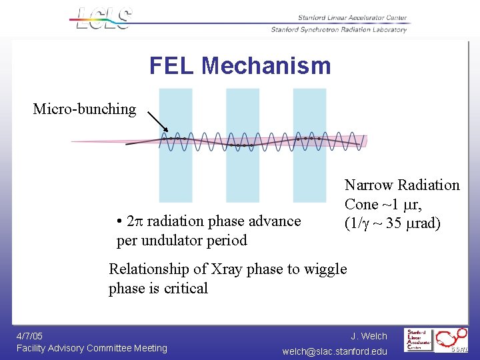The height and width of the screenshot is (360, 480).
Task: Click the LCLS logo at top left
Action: pos(104,18)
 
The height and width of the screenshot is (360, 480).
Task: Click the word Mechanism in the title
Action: pos(266,65)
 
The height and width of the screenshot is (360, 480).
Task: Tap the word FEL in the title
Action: pos(172,65)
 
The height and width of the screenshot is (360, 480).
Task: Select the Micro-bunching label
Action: pos(85,109)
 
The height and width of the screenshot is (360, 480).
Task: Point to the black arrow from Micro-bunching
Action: pos(157,122)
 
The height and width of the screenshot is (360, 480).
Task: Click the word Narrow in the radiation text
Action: pos(369,185)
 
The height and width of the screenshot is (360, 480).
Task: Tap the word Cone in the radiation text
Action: pos(361,204)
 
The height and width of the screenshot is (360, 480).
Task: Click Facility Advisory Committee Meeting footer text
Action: pos(92,348)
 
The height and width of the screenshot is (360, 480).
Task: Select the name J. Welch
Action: pos(369,336)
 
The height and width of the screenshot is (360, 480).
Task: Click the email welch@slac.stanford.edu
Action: pos(335,351)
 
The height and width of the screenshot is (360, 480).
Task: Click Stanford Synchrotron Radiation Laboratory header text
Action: pos(339,29)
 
